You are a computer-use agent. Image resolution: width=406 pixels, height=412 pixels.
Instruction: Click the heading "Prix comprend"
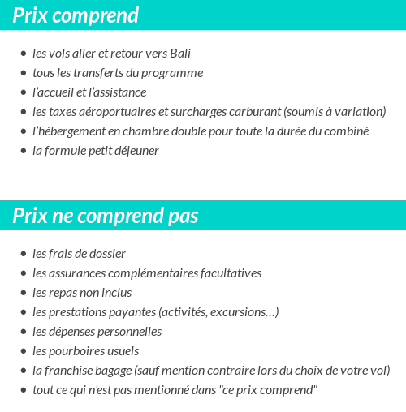pos(76,15)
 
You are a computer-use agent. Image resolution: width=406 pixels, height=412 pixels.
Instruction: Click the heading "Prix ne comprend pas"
pos(106,217)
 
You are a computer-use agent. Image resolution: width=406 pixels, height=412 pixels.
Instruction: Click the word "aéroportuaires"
pos(116,112)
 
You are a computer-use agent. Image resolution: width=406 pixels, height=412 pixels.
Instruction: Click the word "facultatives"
pos(227,273)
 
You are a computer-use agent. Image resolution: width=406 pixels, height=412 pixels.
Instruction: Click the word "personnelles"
pos(128,332)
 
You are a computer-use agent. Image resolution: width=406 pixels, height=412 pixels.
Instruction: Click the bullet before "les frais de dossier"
pos(24,255)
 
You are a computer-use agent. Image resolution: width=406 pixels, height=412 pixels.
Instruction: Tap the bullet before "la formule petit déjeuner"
pos(24,152)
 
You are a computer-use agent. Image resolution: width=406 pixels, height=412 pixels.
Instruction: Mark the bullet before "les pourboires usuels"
pos(24,352)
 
